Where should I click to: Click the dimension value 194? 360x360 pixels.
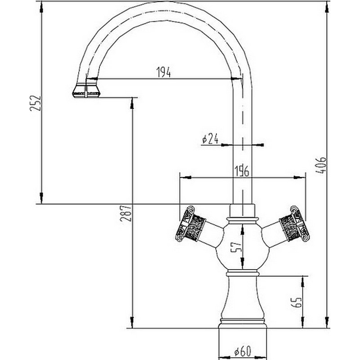(163, 72)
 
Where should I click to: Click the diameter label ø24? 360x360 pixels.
(210, 139)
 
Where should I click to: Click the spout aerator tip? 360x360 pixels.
(87, 90)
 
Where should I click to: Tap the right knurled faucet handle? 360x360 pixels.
(293, 223)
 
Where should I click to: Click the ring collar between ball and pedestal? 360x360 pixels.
(242, 273)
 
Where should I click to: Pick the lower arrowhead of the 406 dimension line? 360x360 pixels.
(327, 324)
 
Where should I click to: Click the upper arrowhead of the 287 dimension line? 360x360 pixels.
(131, 102)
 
